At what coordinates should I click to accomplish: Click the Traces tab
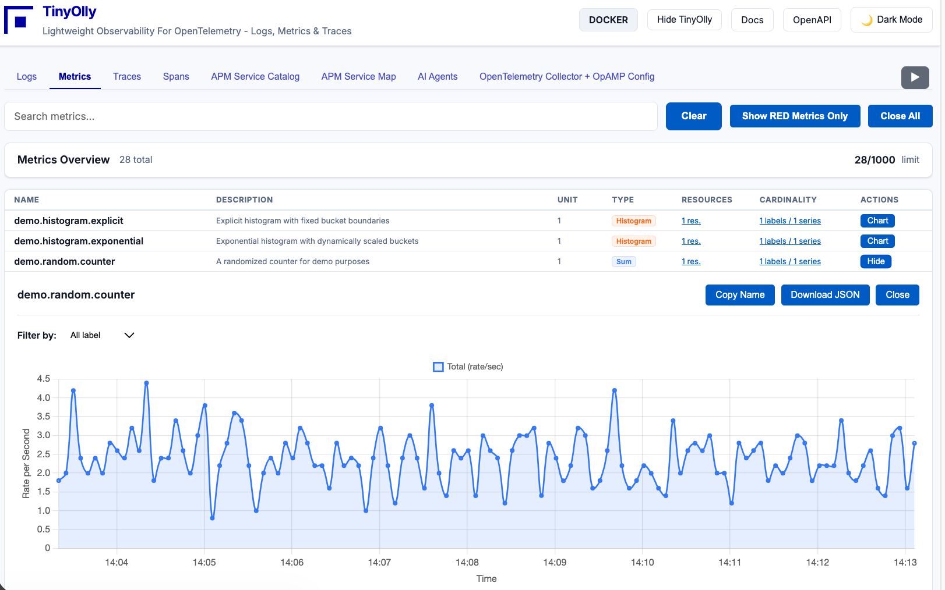click(x=127, y=76)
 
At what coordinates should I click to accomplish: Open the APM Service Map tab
click(x=358, y=76)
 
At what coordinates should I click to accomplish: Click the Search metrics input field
click(x=330, y=116)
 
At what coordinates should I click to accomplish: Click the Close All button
click(x=900, y=116)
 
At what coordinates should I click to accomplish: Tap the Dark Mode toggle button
click(x=891, y=20)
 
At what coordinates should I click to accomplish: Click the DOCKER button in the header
click(x=608, y=20)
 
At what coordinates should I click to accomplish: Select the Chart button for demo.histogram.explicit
click(x=877, y=221)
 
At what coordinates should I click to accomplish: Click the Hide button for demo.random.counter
click(x=875, y=261)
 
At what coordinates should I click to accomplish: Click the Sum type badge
click(x=623, y=262)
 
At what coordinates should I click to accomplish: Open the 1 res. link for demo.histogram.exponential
click(x=691, y=241)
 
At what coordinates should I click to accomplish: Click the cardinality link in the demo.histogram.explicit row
click(x=789, y=221)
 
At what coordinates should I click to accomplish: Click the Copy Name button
click(x=739, y=294)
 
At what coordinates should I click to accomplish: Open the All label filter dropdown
click(x=102, y=335)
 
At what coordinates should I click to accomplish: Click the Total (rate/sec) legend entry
click(x=468, y=367)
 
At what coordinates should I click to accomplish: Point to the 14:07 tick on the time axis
click(x=379, y=562)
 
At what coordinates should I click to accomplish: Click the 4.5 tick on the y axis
click(x=44, y=379)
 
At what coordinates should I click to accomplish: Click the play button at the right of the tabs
click(x=915, y=77)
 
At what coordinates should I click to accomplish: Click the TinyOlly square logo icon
click(x=19, y=20)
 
